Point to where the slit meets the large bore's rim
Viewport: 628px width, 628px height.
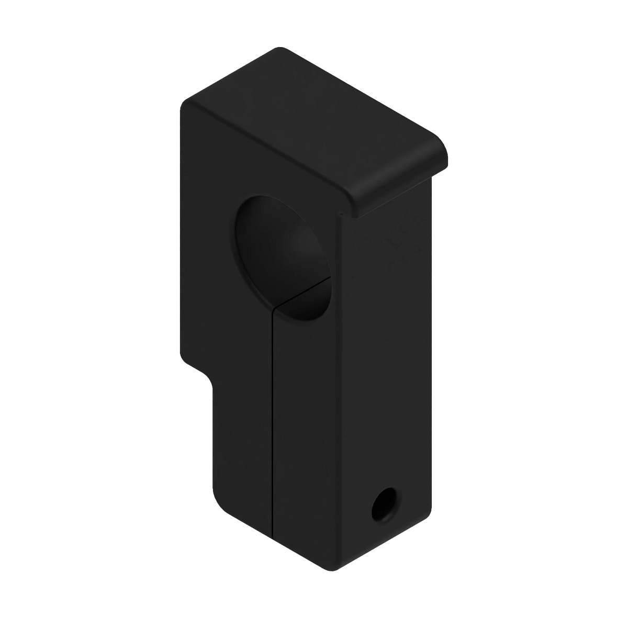[x=274, y=307]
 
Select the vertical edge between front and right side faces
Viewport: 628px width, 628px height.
[x=339, y=392]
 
